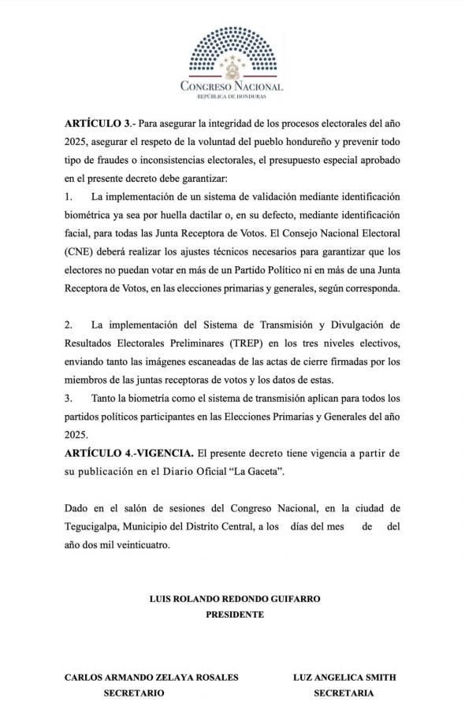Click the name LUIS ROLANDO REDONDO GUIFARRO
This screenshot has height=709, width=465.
pyautogui.click(x=235, y=599)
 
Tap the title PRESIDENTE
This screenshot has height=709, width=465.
pyautogui.click(x=235, y=614)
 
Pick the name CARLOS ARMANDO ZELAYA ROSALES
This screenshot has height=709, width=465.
pyautogui.click(x=151, y=677)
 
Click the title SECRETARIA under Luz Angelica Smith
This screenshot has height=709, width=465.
pyautogui.click(x=344, y=693)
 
